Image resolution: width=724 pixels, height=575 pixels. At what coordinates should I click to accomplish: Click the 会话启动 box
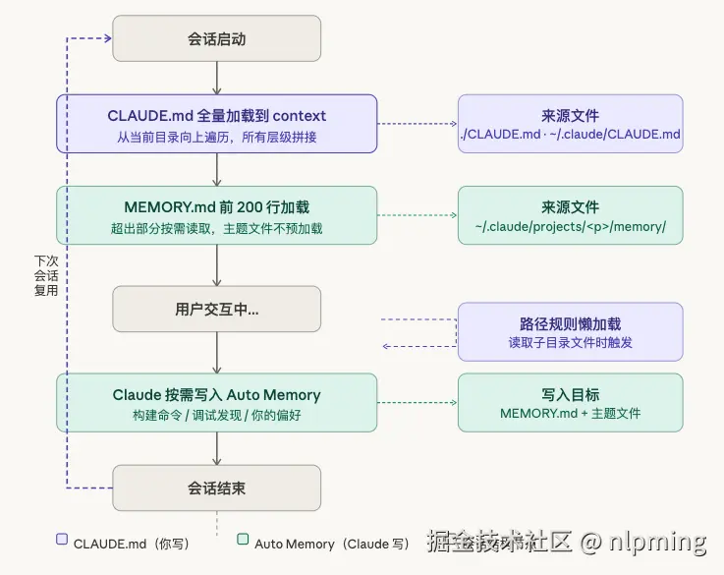pyautogui.click(x=216, y=39)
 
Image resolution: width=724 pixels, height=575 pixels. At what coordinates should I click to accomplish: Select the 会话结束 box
pyautogui.click(x=216, y=489)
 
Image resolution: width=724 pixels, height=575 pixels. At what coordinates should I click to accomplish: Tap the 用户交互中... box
pyautogui.click(x=216, y=309)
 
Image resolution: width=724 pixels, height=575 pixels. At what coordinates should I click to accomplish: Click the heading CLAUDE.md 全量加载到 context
pyautogui.click(x=216, y=116)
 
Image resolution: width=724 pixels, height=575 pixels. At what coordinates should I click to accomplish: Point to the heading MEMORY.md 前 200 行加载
pyautogui.click(x=216, y=207)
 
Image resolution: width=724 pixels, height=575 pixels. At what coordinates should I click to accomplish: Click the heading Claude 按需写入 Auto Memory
pyautogui.click(x=216, y=395)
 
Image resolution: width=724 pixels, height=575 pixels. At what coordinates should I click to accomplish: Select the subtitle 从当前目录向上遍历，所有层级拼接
pyautogui.click(x=216, y=137)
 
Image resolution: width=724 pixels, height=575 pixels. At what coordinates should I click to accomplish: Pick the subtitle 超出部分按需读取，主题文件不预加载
pyautogui.click(x=216, y=228)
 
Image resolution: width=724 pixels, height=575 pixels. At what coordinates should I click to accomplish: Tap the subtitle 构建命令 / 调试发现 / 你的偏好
pyautogui.click(x=216, y=416)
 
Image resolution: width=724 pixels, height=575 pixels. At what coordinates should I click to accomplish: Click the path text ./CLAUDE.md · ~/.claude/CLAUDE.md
pyautogui.click(x=570, y=134)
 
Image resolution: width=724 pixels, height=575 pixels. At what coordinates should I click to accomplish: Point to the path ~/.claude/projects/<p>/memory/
pyautogui.click(x=570, y=227)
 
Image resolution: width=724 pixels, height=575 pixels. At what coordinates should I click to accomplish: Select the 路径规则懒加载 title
pyautogui.click(x=570, y=323)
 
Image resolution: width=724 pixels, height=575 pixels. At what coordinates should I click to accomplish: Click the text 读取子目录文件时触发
pyautogui.click(x=570, y=343)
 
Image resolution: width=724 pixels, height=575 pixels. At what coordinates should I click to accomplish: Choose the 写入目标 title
pyautogui.click(x=570, y=393)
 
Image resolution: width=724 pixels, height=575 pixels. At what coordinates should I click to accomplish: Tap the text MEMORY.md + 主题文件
pyautogui.click(x=570, y=413)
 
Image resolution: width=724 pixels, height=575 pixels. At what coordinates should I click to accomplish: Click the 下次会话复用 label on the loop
pyautogui.click(x=46, y=276)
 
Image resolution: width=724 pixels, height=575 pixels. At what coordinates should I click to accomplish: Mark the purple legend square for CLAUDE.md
pyautogui.click(x=62, y=540)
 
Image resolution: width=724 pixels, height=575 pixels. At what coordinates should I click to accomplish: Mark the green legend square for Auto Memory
pyautogui.click(x=243, y=540)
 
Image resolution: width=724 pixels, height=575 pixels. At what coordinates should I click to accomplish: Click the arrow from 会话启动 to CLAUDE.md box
pyautogui.click(x=216, y=78)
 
